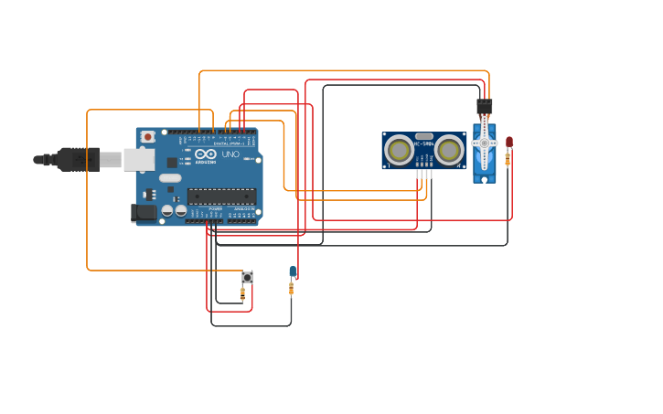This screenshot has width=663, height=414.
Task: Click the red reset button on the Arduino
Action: pos(147,136)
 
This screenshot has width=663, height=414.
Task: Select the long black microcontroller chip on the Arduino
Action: pos(220,196)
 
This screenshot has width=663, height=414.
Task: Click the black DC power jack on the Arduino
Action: pos(144,213)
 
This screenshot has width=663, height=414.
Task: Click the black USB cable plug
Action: pos(78,159)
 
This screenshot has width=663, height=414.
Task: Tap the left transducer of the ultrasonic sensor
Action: pos(399,150)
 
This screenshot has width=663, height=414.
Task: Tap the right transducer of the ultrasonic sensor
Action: pos(449,150)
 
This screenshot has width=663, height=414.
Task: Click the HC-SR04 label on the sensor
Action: pos(423,143)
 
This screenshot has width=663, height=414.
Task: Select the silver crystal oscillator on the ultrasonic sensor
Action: pos(423,135)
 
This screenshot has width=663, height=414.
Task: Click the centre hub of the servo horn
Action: pos(484,143)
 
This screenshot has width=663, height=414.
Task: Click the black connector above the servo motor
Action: pos(484,107)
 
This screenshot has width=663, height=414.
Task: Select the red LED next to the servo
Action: pos(509,142)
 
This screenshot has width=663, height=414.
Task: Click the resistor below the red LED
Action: pos(508,161)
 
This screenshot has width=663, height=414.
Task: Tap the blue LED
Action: pos(293,271)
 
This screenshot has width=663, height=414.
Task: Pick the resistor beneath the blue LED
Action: pos(292,289)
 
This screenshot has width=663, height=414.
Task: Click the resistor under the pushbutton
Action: pos(242,293)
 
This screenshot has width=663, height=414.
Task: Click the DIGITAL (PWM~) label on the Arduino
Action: pos(229,143)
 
